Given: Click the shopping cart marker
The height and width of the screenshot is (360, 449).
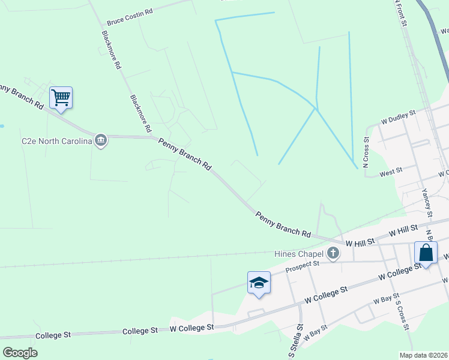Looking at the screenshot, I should pos(61,97).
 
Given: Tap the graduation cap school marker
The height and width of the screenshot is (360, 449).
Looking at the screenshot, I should pos(259,283).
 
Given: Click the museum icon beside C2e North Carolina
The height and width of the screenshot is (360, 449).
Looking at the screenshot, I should pos(101,141).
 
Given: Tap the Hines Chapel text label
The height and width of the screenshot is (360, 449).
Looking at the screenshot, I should pos(299,254).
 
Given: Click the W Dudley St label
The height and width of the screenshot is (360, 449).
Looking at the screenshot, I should pos(398,116).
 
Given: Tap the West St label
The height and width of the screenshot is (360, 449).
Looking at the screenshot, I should pos(391,173).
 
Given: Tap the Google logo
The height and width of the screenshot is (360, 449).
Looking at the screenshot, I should pos(20,352).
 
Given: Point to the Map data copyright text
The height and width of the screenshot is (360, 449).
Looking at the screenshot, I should pos(424,355).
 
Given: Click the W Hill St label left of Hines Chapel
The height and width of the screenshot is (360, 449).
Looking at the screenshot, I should pos(360,241).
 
